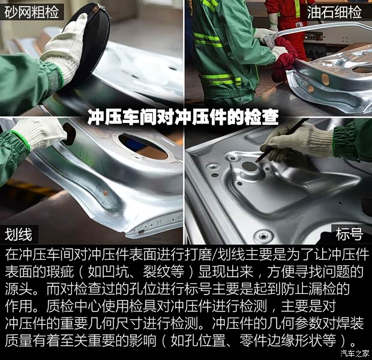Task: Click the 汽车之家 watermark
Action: pos(355,353)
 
